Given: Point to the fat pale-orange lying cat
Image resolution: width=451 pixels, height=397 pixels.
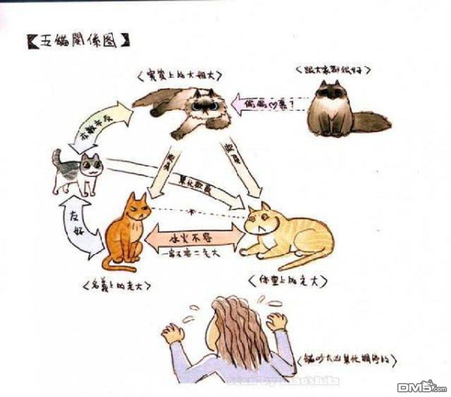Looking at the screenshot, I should coord(288,234).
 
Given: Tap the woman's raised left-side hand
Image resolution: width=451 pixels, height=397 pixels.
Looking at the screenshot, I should coord(173,333).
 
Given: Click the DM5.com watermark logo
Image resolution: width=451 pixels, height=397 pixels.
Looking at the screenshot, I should coord(421,386).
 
